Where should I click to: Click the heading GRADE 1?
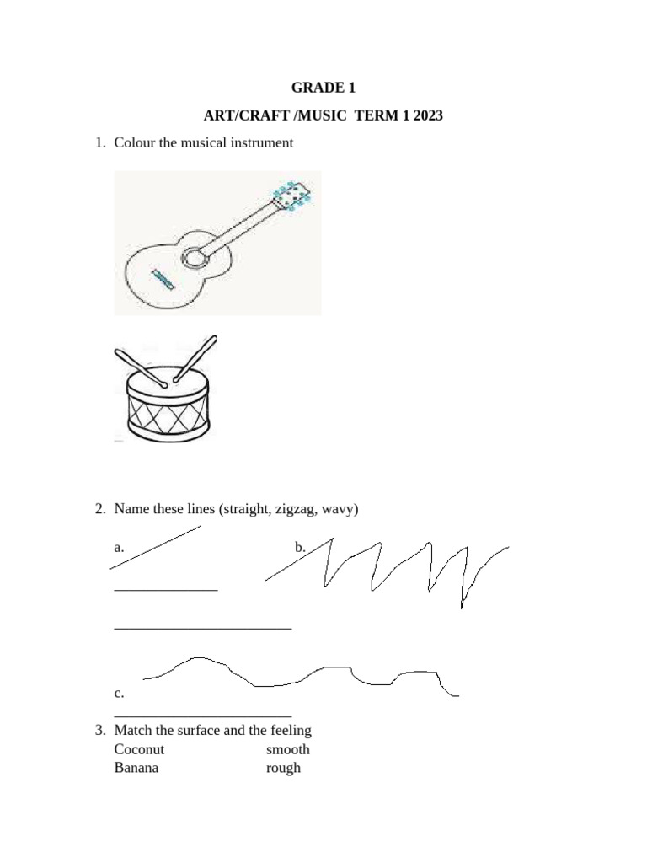pos(323,88)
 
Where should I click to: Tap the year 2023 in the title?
pos(428,115)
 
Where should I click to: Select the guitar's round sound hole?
pos(194,258)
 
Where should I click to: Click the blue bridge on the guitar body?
pos(163,280)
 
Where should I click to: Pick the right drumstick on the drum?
pos(195,357)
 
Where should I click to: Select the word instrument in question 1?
pos(262,143)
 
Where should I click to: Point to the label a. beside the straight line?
pos(120,547)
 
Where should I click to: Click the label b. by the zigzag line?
pos(300,547)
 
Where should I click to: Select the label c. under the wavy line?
pos(120,693)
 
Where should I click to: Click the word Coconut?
pos(139,749)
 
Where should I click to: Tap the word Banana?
pos(136,768)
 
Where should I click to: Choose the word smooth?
pos(288,749)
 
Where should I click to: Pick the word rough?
pos(283,769)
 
